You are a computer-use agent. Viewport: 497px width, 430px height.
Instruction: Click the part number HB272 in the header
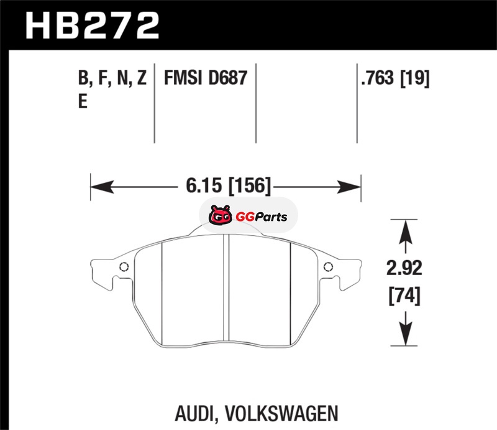[92, 26]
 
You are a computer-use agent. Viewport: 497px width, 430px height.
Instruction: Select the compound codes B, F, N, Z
[112, 78]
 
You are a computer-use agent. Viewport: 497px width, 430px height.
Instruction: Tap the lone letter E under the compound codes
[83, 101]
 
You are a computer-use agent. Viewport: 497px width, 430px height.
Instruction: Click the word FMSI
[183, 78]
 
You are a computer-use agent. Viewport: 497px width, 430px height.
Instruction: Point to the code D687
[228, 78]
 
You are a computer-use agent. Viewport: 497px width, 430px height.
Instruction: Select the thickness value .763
[378, 78]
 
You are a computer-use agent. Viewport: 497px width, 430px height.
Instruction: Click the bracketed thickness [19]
[415, 78]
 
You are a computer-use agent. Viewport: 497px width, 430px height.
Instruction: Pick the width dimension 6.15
[204, 185]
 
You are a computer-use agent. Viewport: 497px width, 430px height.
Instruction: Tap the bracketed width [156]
[250, 186]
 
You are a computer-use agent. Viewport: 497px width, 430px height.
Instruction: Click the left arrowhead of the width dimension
[102, 187]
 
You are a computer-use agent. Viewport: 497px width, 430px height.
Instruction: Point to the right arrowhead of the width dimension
[349, 187]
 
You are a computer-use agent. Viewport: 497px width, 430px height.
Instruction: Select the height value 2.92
[404, 268]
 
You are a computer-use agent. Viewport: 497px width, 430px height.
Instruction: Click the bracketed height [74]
[404, 296]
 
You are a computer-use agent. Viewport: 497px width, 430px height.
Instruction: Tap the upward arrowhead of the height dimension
[406, 232]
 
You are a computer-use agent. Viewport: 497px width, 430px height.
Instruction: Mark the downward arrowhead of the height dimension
[406, 333]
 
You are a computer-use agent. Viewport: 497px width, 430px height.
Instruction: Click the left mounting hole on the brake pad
[124, 267]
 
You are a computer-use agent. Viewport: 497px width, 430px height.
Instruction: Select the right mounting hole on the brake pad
[328, 267]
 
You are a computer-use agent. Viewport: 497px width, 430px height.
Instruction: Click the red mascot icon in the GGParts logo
[221, 215]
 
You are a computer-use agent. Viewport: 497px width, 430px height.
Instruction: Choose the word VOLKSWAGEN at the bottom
[282, 413]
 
